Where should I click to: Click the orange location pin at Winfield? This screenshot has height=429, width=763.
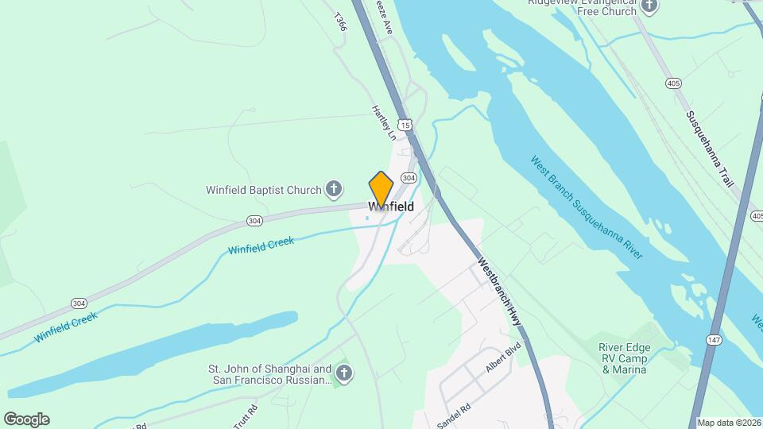pos(381,190)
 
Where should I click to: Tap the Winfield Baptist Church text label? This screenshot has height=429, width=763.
pos(263,190)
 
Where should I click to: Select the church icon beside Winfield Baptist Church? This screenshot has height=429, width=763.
pos(335,189)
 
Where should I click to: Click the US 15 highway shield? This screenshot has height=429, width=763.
pos(405,125)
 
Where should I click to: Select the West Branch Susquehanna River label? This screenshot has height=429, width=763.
pos(587,206)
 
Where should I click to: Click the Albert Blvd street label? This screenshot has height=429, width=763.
pos(503,359)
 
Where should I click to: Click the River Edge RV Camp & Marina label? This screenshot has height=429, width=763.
pos(624,358)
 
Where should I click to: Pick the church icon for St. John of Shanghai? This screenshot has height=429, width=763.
pos(343,373)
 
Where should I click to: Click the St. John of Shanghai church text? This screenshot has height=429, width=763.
pos(269,374)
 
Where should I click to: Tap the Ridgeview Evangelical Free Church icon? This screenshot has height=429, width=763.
pos(649,6)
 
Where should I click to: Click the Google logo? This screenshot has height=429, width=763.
pos(26,419)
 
